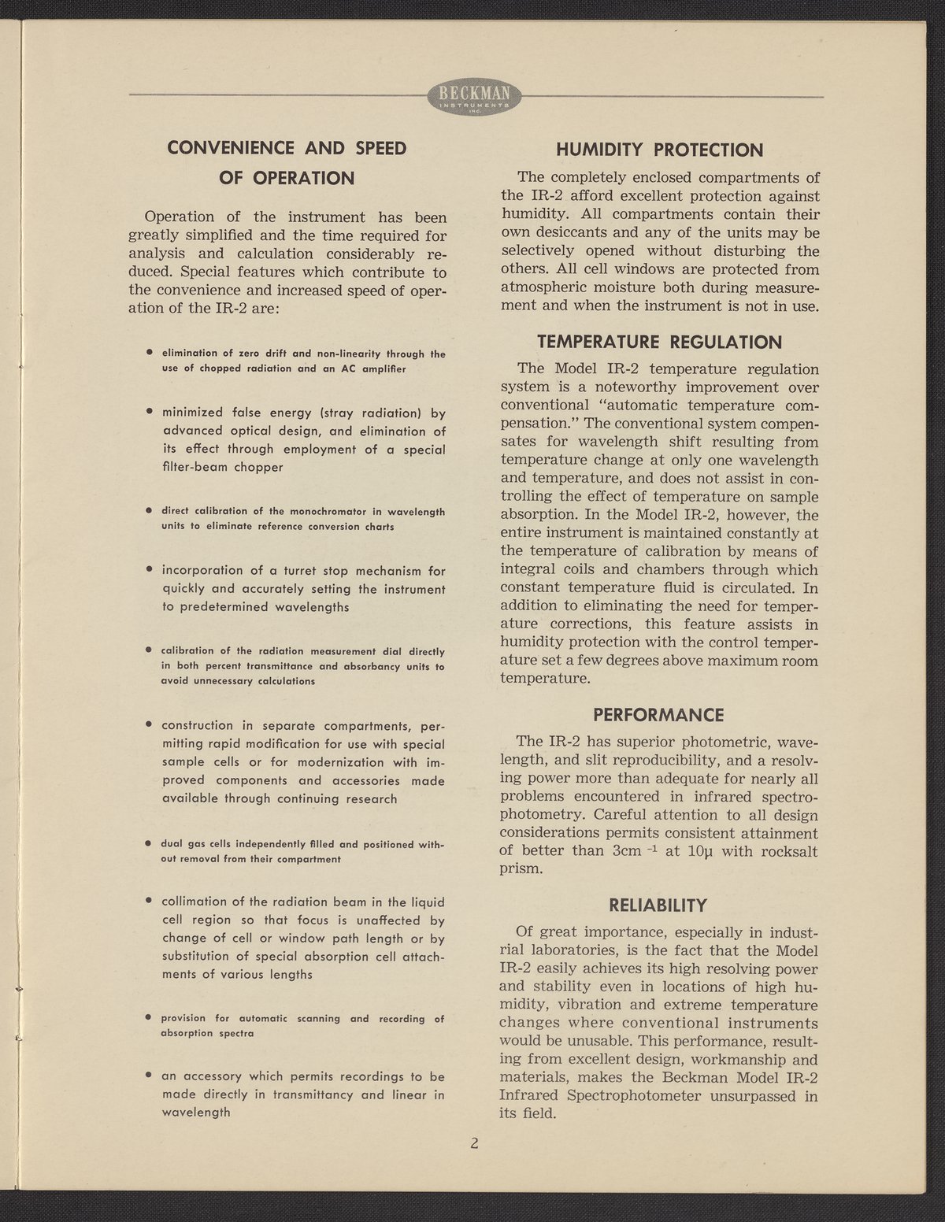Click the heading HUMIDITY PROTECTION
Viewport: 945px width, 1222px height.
point(659,150)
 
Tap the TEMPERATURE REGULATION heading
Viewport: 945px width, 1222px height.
point(659,342)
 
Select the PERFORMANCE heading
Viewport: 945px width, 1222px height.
point(658,715)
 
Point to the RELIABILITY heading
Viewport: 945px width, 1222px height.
point(658,905)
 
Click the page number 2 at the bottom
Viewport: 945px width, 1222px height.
point(474,1143)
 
